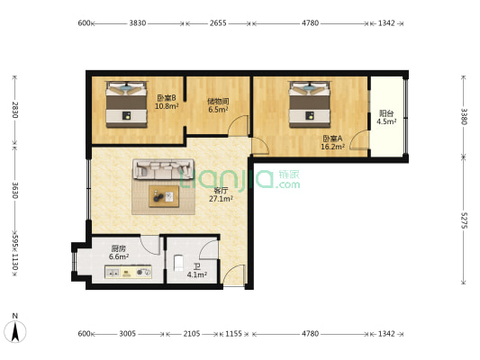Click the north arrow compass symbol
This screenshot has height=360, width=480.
coord(15,331)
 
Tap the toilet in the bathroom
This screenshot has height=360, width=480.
coord(178,264)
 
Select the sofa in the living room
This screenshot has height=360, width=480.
coord(163,169)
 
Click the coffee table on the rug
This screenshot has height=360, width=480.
coord(164,196)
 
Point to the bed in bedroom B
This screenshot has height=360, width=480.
coord(126,104)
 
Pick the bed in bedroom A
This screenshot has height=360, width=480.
coord(310,104)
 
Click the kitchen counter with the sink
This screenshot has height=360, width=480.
coord(128,272)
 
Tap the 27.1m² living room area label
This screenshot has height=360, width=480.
coord(221,199)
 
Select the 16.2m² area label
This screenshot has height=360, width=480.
coord(332,147)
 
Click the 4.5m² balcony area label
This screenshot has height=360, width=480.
coord(386,121)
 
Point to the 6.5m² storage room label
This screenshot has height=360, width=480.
coord(218,110)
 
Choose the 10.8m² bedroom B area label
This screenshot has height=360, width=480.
coord(167,106)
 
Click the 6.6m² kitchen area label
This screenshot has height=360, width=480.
coord(119,256)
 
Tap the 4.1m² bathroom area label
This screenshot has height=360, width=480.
coord(197,274)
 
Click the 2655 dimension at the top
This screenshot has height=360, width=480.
coord(218,23)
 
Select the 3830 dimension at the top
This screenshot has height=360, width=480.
coord(137,23)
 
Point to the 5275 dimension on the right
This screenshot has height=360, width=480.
coord(464,220)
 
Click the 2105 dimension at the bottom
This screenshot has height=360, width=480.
coord(192,334)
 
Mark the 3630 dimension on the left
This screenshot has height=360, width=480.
coord(15,190)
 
